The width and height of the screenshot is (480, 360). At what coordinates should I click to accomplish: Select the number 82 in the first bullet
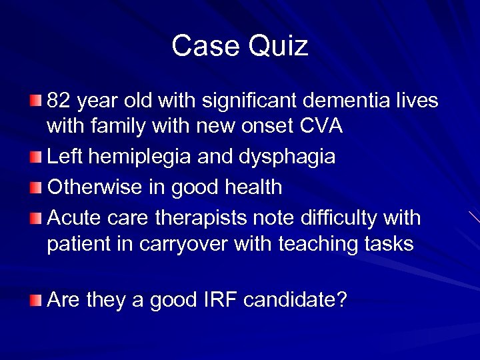(x=59, y=101)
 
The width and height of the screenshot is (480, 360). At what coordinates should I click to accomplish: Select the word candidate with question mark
(x=295, y=300)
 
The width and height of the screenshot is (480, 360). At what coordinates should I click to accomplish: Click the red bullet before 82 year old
(x=35, y=101)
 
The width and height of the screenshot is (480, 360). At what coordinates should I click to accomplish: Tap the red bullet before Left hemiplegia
(x=35, y=157)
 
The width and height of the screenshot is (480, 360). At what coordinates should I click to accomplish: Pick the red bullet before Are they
(x=35, y=300)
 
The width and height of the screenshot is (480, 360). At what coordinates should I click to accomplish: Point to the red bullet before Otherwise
(x=35, y=187)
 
